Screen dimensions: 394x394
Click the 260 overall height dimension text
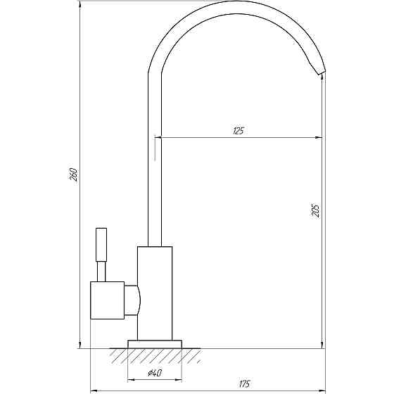click(73, 174)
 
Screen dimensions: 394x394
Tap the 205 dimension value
click(316, 210)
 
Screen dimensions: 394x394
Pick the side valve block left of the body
click(107, 300)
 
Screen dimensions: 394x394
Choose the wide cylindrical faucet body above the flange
click(154, 293)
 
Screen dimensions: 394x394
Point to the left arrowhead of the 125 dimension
click(158, 138)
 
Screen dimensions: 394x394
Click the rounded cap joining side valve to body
click(132, 300)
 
